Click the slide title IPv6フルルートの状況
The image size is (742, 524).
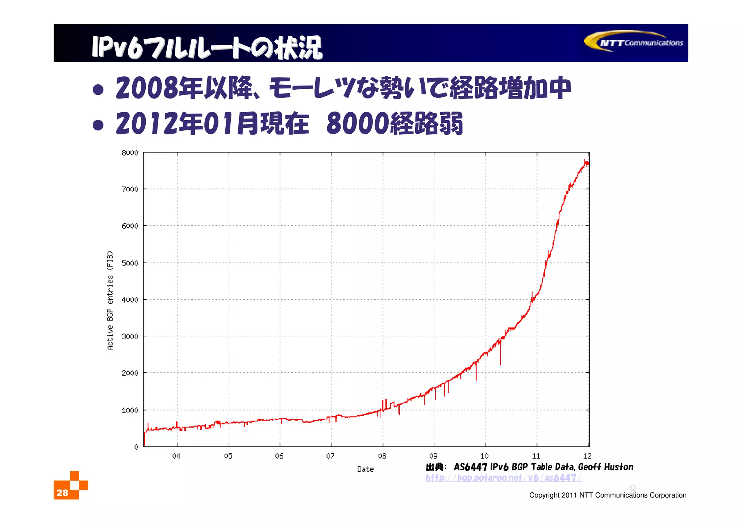[207, 47]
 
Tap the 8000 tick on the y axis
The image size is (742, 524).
[130, 153]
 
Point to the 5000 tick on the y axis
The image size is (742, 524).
[130, 263]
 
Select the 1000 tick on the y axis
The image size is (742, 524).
[130, 410]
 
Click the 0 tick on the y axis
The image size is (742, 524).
[136, 447]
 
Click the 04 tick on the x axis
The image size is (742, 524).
[176, 456]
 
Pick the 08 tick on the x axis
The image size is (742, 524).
[382, 456]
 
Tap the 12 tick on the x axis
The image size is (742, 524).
[587, 456]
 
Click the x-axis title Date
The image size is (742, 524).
[365, 469]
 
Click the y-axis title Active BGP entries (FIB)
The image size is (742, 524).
[110, 300]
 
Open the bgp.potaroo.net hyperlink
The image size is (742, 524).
[503, 478]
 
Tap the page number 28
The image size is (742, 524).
[62, 492]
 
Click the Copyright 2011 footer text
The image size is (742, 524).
[608, 495]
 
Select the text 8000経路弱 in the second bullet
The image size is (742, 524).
[395, 123]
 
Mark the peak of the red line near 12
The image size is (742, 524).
[585, 160]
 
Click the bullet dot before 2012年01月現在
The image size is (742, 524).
[98, 125]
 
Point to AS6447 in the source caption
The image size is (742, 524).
[470, 467]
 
